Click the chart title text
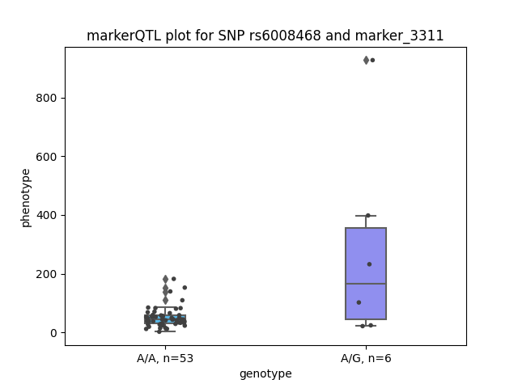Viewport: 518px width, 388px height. pos(265,36)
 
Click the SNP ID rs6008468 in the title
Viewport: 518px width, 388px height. pos(285,36)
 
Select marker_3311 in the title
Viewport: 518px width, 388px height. pos(399,36)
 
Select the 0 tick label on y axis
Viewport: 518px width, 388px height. pos(54,333)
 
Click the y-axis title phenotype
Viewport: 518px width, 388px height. pos(26,198)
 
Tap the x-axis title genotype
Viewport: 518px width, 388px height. pos(265,373)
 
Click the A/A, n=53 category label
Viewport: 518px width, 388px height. pos(165,358)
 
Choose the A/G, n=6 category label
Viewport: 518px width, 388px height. pos(366,358)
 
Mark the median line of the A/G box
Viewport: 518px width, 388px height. pos(366,284)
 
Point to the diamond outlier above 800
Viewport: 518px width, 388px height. pos(366,60)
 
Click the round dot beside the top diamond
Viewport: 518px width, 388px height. pos(372,60)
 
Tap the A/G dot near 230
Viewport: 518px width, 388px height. pos(369,264)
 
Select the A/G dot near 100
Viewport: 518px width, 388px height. pos(359,302)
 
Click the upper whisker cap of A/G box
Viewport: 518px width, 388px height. pos(366,216)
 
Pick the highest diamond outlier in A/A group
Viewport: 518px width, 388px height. pos(165,279)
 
